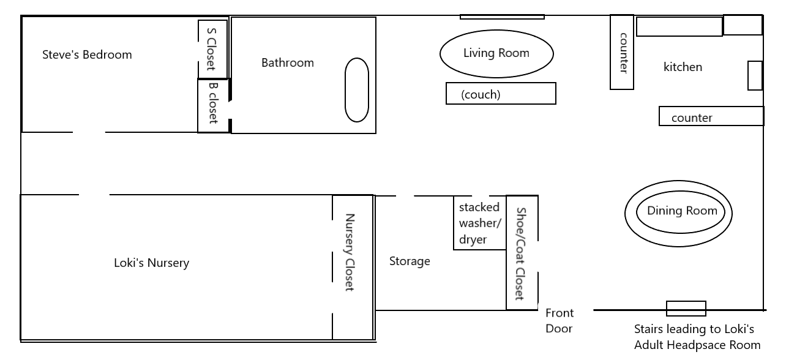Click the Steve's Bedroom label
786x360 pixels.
point(87,54)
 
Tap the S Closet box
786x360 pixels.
point(212,49)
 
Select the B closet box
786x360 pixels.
point(213,106)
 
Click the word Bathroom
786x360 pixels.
point(288,63)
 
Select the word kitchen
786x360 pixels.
point(683,67)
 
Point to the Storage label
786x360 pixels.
point(410,261)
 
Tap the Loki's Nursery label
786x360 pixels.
point(152,263)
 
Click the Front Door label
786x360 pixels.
point(560,321)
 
